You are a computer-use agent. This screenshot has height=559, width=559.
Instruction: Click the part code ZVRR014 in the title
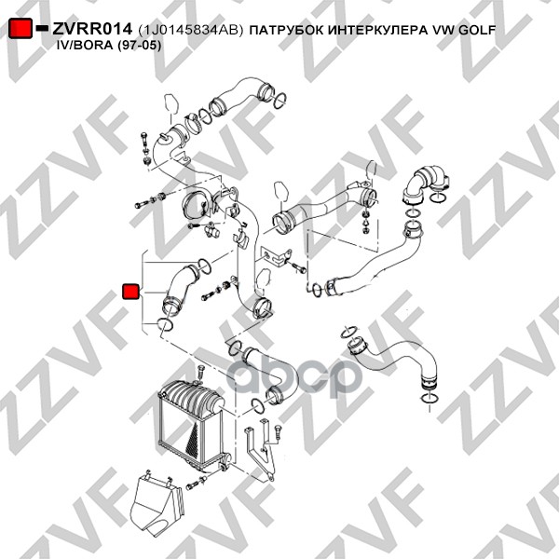(x=92, y=29)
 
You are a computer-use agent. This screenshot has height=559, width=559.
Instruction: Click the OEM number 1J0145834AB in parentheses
(x=191, y=30)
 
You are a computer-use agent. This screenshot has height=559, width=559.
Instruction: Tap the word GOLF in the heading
(x=477, y=30)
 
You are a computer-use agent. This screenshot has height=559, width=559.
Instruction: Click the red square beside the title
(x=20, y=28)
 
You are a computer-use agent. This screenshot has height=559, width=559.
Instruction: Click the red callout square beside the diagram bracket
(x=130, y=292)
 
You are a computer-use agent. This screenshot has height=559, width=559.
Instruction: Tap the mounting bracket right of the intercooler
(x=259, y=450)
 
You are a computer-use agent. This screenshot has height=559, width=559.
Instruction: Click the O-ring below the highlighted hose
(x=165, y=323)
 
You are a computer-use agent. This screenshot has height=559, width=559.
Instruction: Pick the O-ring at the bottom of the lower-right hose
(x=429, y=398)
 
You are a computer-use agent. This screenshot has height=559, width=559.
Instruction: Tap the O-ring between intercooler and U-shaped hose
(x=257, y=406)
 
